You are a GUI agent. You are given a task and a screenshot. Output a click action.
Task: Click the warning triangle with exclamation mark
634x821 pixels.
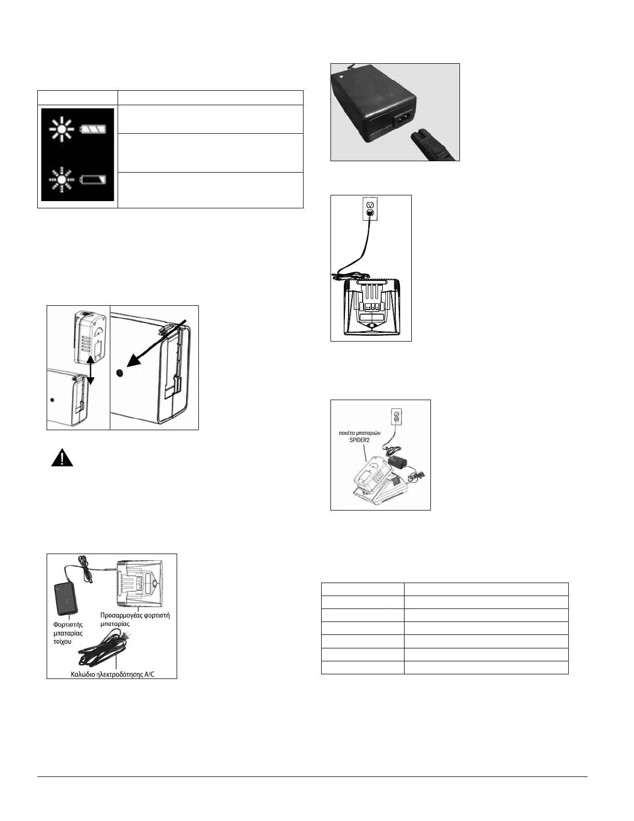62,458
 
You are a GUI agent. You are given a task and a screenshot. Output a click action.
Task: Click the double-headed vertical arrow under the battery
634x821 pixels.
90,370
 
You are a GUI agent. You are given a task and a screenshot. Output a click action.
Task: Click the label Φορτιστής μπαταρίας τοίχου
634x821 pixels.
68,632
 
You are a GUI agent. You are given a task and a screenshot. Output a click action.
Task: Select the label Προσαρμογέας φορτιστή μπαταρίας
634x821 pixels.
135,619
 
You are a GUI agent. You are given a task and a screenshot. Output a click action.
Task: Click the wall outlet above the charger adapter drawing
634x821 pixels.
370,208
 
